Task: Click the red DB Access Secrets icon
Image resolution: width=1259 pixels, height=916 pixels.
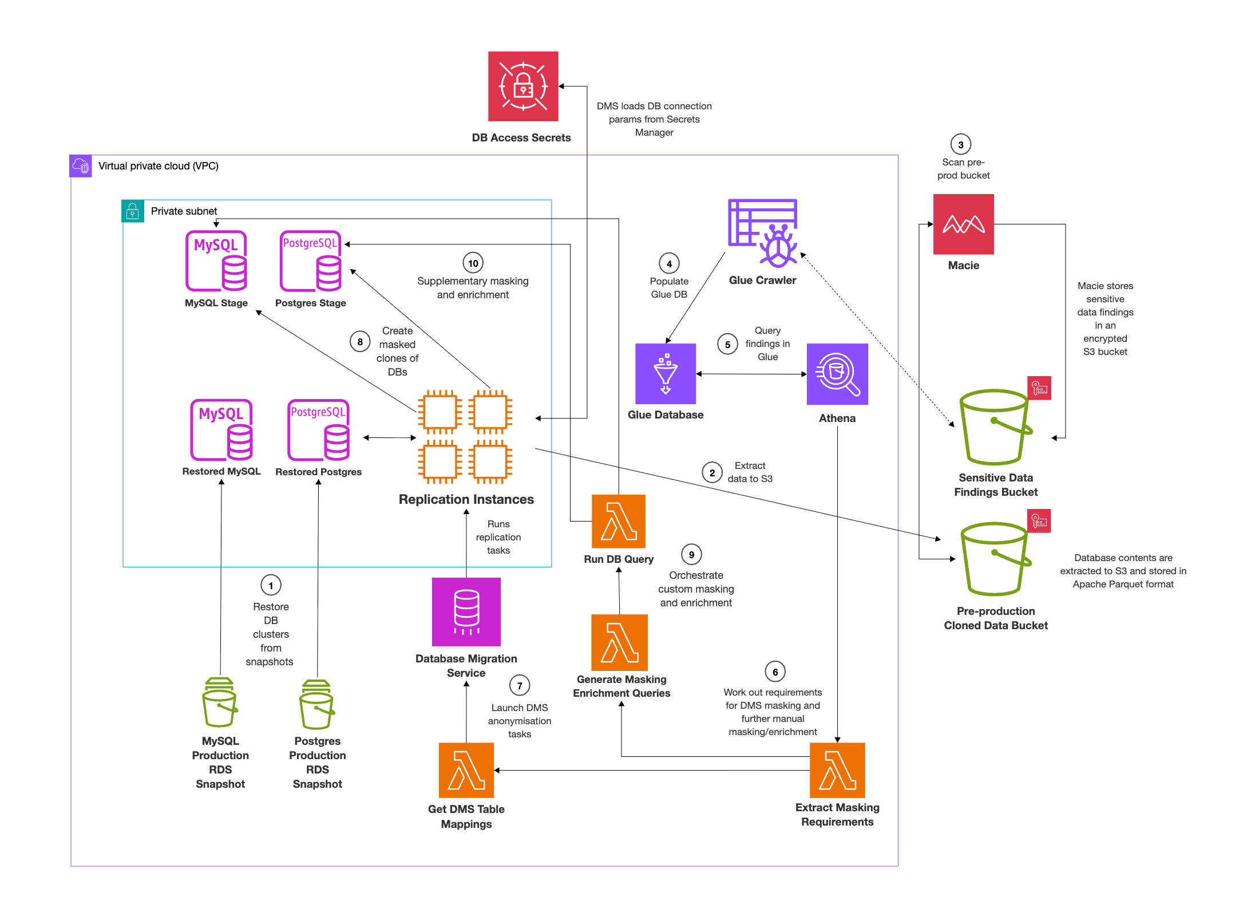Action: (x=523, y=86)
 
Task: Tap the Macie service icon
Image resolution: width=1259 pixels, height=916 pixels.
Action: (x=963, y=224)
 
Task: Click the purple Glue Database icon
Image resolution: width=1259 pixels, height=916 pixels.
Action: (x=666, y=374)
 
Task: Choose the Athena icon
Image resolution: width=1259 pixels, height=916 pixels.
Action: (x=837, y=374)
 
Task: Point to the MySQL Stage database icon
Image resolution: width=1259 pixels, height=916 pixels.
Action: (x=216, y=261)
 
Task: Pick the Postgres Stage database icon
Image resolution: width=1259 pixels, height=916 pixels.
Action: (x=311, y=261)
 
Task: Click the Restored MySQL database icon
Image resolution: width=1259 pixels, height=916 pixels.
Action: (x=221, y=430)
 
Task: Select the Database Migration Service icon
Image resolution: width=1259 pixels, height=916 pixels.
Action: (x=466, y=611)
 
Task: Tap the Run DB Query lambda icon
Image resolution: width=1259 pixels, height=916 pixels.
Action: (x=619, y=521)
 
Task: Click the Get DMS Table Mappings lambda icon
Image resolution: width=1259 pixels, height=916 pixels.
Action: (x=466, y=770)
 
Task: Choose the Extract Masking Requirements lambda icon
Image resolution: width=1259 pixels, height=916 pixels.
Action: (x=837, y=770)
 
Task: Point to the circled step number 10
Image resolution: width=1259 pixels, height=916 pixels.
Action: (x=473, y=263)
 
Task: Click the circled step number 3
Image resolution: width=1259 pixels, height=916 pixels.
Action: (x=961, y=145)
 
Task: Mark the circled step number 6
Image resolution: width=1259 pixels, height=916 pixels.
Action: (x=775, y=672)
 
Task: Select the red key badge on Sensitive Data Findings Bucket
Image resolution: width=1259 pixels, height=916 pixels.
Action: (x=1039, y=388)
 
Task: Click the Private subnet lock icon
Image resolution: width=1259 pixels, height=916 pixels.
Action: (x=133, y=211)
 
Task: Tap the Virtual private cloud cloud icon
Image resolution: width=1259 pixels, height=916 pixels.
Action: (x=81, y=166)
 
